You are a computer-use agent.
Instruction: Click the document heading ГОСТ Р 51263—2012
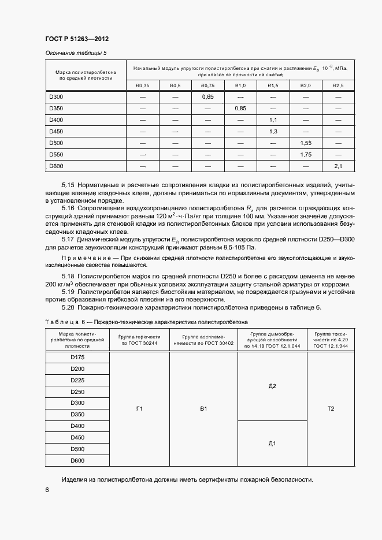pos(77,39)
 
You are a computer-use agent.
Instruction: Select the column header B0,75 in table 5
pos(208,85)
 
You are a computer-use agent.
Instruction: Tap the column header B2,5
pos(338,85)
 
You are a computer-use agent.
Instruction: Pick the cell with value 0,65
pos(208,96)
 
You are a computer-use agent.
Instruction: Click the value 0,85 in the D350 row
pos(240,108)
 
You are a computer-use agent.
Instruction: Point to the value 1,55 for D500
pos(306,143)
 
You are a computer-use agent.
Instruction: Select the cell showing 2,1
pos(338,166)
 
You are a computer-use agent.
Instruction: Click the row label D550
pos(56,155)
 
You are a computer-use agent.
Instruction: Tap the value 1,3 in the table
pos(273,131)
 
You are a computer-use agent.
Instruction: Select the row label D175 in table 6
pos(77,357)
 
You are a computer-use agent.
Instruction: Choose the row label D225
pos(77,380)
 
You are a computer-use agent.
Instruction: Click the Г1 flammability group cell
pos(139,409)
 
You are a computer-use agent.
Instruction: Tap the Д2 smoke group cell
pos(272,386)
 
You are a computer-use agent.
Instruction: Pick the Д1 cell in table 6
pos(272,444)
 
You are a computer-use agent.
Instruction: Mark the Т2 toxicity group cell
pos(331,409)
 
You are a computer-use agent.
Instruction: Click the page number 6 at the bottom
pos(47,490)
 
